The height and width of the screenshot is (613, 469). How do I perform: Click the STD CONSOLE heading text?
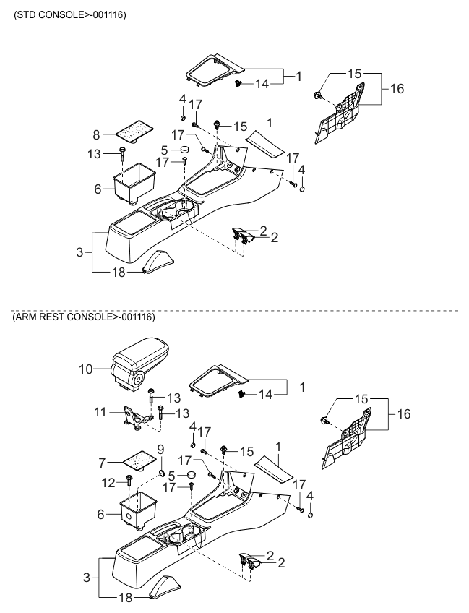pos(69,15)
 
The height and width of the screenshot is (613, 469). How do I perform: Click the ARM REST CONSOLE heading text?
pos(84,317)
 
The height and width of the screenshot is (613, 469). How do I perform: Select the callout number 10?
pos(86,369)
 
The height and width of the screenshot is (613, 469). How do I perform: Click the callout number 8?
pos(97,135)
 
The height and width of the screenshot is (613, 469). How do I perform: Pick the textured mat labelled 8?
pos(133,130)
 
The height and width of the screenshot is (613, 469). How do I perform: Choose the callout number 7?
pos(103,463)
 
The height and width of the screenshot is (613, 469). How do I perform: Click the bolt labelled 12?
pos(129,481)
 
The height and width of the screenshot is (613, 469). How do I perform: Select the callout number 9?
pos(160,450)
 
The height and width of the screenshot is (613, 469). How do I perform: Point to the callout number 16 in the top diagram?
pos(397,89)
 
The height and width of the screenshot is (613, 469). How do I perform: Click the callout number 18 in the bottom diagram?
pos(125,598)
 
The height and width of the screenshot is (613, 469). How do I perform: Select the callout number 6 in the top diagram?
pos(98,189)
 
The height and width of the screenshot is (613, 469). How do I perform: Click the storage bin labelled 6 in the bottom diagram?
pos(138,509)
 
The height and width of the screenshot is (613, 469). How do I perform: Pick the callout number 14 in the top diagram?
pos(262,84)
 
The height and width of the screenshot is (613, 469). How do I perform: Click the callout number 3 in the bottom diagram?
pos(87,578)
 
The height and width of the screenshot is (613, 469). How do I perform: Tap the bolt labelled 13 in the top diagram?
pos(123,154)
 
